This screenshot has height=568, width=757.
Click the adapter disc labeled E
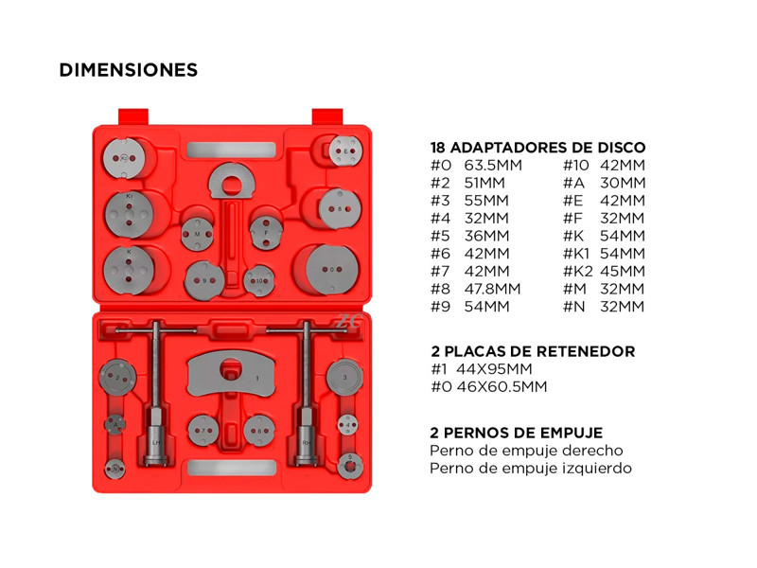[x=345, y=151]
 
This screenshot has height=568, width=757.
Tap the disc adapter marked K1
[x=129, y=215]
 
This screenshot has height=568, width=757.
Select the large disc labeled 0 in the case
[x=332, y=270]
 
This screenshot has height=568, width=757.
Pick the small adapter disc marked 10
[x=259, y=280]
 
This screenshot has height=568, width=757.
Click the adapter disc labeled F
[x=266, y=233]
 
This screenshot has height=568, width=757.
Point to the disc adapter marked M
[x=197, y=234]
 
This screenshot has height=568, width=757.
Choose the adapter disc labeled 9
[x=204, y=280]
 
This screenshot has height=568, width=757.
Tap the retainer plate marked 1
[x=232, y=374]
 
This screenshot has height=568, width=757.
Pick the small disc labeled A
[x=114, y=424]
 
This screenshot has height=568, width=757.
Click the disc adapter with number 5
[x=350, y=466]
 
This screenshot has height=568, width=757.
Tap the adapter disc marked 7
[x=203, y=431]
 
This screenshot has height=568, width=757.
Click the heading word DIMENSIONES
[x=129, y=70]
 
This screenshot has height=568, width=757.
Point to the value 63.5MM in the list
[x=493, y=165]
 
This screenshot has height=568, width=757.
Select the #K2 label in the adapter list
[x=578, y=271]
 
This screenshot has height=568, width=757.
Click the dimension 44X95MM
[x=494, y=369]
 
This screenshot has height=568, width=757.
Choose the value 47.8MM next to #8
[x=492, y=289]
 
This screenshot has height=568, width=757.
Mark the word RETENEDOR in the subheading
[x=586, y=351]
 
